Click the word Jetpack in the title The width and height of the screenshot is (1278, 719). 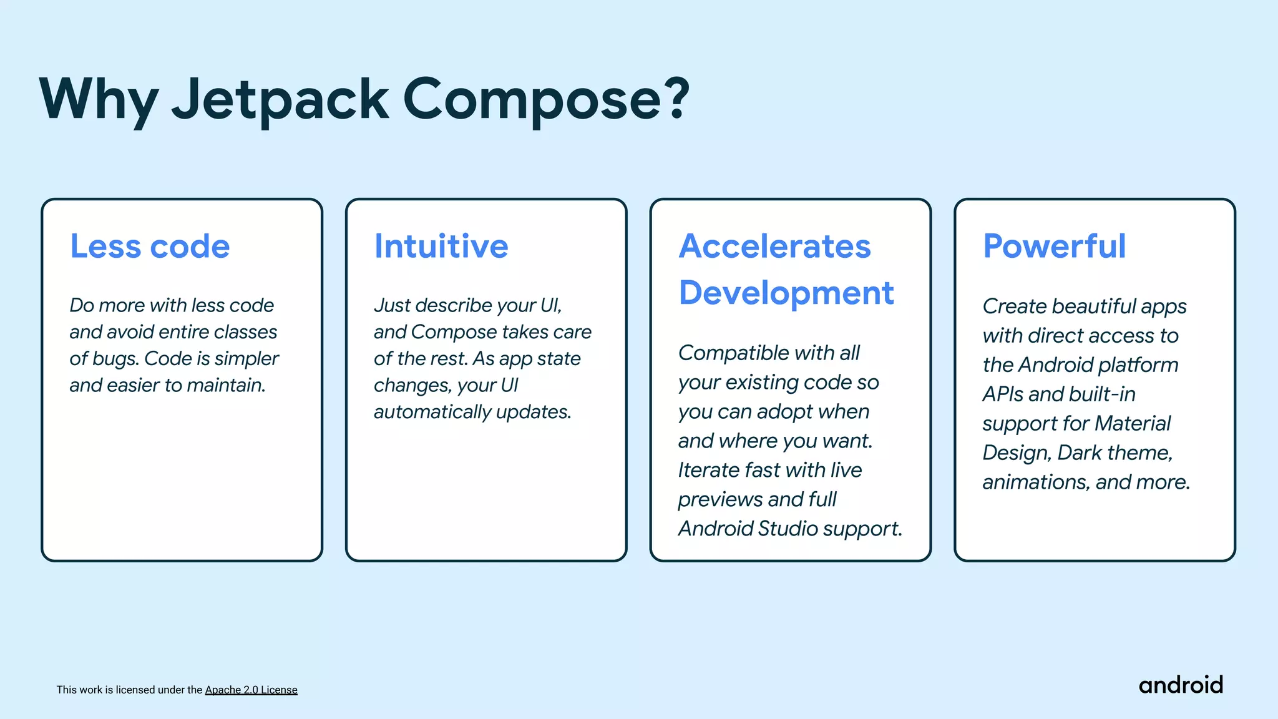point(280,100)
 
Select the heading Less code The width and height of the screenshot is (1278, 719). point(150,246)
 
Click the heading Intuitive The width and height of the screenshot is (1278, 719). point(441,246)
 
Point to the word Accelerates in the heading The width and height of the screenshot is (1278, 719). point(774,246)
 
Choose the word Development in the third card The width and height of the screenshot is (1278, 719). point(786,293)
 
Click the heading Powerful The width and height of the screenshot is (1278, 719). point(1055,246)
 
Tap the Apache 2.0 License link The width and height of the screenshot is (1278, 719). point(251,690)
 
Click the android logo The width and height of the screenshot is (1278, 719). point(1181,685)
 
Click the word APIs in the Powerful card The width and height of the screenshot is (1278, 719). point(1003,394)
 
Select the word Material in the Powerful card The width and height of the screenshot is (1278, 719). point(1132,424)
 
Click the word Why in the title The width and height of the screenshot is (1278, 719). point(99,100)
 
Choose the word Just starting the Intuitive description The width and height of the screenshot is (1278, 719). point(392,305)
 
